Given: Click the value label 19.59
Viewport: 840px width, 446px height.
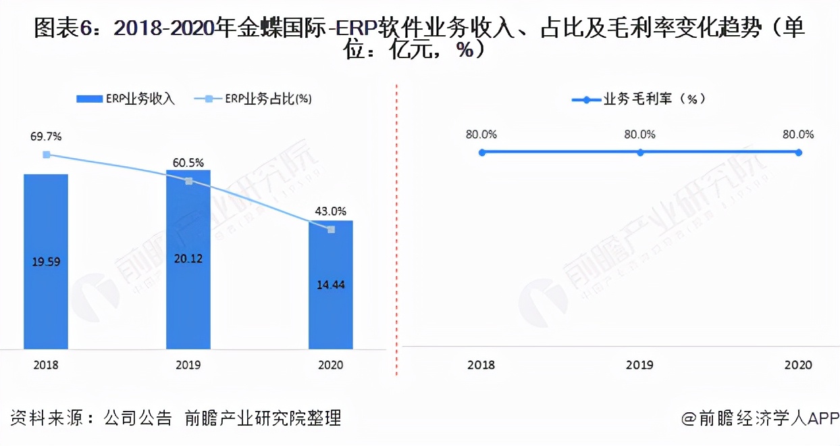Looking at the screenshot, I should [46, 262].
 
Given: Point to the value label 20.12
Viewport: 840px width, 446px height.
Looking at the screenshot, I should [188, 258].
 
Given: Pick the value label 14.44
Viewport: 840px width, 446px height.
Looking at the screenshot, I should [331, 284].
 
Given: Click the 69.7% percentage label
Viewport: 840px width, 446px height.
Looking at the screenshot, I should [46, 137].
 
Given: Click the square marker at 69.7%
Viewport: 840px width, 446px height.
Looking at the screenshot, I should [46, 155].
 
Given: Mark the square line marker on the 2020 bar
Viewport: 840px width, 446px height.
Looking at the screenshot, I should [331, 230].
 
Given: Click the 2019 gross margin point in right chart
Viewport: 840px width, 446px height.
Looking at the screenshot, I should [640, 153].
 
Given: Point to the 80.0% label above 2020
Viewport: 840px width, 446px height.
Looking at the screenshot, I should [798, 134].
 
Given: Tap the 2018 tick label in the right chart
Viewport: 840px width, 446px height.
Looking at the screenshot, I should [481, 365].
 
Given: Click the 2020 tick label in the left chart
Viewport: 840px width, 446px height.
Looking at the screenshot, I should [330, 365].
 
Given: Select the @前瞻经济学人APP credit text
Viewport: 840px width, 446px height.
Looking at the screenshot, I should [759, 418].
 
